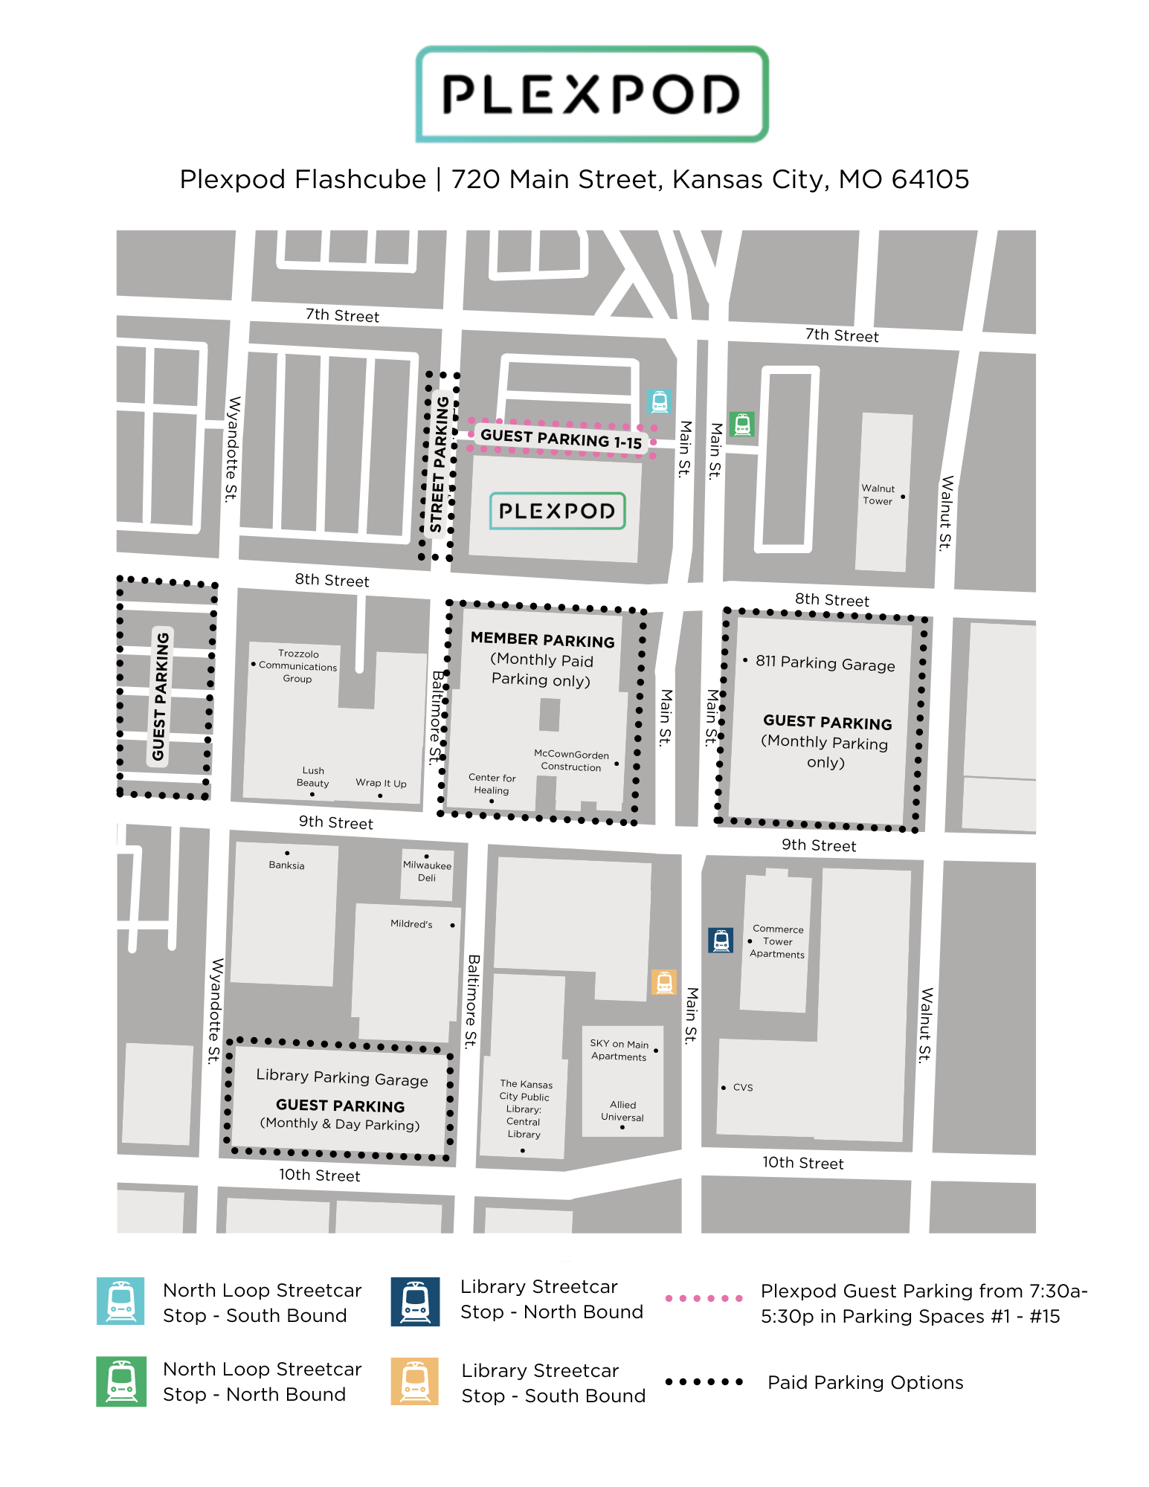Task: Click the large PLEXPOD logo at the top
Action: click(x=592, y=94)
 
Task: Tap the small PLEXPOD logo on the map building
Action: click(x=557, y=511)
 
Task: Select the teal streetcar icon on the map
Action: click(x=659, y=401)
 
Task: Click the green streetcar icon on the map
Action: click(x=741, y=425)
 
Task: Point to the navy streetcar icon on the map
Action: click(x=721, y=941)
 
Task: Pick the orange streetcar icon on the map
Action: click(x=663, y=982)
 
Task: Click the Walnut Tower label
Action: click(x=878, y=494)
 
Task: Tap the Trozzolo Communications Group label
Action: click(x=297, y=666)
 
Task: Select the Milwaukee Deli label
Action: click(x=427, y=871)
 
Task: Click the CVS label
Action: click(x=742, y=1087)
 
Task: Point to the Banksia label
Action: click(x=286, y=865)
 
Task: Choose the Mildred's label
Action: click(x=411, y=923)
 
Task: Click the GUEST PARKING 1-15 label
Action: click(x=561, y=439)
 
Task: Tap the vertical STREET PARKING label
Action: click(x=440, y=465)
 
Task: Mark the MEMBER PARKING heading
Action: click(x=543, y=639)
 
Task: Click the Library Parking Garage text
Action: click(x=342, y=1077)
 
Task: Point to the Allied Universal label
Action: click(x=622, y=1111)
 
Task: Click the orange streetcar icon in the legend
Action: click(x=415, y=1381)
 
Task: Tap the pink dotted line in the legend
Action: click(x=704, y=1298)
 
